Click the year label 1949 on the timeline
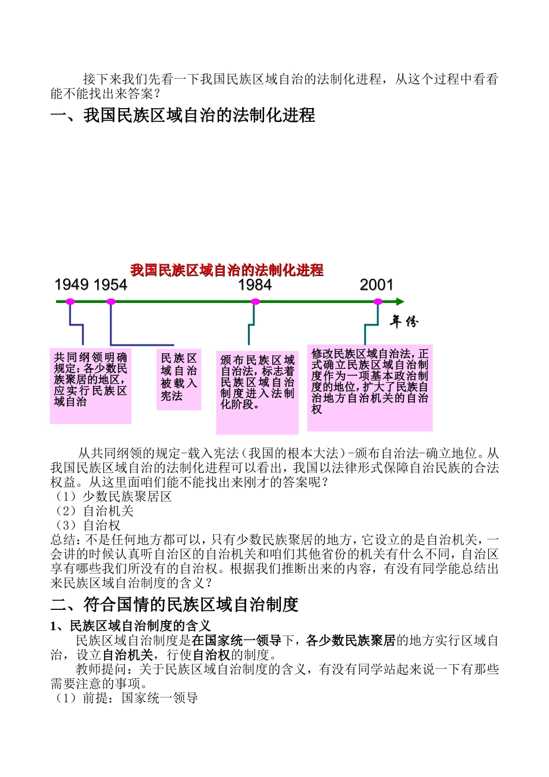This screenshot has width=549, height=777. (72, 284)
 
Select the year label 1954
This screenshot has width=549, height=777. (110, 284)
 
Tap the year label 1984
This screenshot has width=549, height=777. (255, 284)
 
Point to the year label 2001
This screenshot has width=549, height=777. (377, 284)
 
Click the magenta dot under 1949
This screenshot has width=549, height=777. (71, 302)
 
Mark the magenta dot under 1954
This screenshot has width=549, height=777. (111, 302)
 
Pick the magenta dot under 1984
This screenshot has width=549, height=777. (255, 302)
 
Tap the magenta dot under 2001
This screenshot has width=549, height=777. (378, 302)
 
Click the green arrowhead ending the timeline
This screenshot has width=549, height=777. (400, 302)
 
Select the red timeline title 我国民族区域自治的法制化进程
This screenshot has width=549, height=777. (227, 270)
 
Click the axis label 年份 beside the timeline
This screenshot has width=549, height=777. (403, 321)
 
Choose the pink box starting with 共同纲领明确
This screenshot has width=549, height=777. (91, 385)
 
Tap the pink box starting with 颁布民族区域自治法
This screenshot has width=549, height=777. (257, 392)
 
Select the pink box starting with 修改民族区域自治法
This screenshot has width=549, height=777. (370, 387)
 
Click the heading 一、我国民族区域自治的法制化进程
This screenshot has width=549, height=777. (183, 115)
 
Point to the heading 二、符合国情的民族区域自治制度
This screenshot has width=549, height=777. (175, 605)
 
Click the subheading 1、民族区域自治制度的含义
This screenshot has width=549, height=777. (131, 626)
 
